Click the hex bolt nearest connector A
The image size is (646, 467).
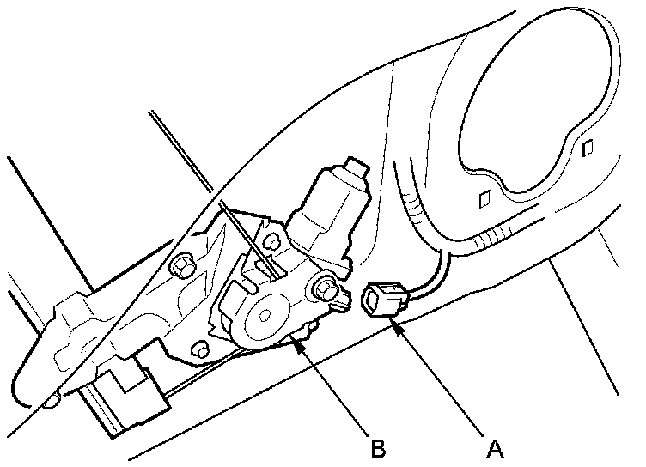point(326,288)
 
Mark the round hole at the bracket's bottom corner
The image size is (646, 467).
point(199,349)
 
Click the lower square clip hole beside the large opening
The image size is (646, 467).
point(484,201)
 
